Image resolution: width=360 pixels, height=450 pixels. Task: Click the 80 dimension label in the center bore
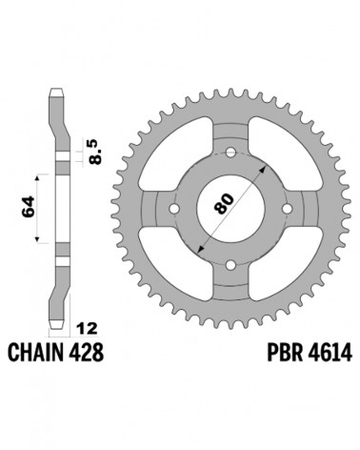pos(224,203)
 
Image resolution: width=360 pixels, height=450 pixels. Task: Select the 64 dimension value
pos(29,208)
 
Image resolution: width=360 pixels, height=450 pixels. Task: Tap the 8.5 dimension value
pos(95,152)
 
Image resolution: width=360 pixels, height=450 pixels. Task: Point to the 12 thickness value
pos(87,329)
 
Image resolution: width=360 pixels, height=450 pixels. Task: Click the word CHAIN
pos(35,353)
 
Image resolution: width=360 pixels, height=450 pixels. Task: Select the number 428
pos(86,353)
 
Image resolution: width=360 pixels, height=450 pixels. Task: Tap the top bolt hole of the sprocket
pos(230,153)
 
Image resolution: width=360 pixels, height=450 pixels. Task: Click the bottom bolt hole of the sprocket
pos(230,265)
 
